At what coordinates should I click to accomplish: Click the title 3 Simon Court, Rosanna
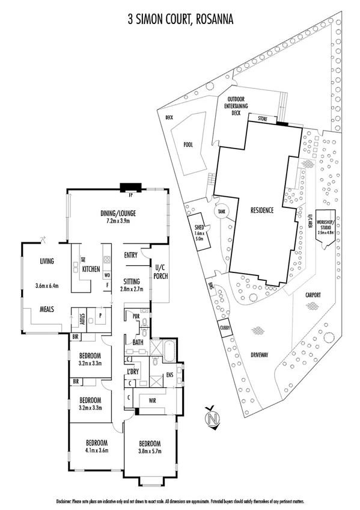(180, 20)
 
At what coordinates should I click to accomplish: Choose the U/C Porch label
(160, 271)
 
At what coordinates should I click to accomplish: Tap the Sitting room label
(132, 280)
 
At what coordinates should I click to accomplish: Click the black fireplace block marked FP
(130, 186)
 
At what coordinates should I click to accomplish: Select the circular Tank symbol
(222, 212)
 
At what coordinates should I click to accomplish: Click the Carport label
(312, 295)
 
